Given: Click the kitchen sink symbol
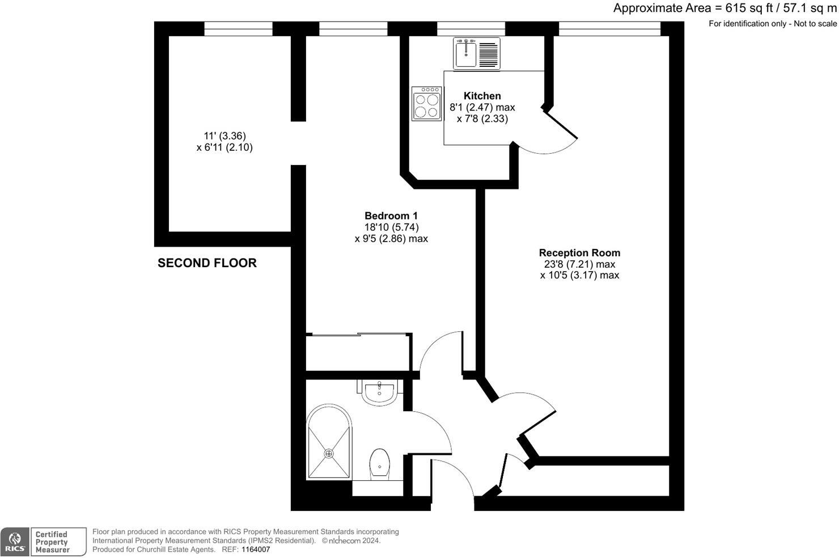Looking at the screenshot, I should click(x=476, y=53).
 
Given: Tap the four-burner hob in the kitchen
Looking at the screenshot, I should click(x=427, y=104).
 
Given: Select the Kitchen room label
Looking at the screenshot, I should click(x=482, y=96).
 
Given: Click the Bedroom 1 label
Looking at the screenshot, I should click(x=391, y=215).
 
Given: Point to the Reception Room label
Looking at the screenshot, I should click(x=579, y=253).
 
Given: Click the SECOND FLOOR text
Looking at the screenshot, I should click(x=207, y=263).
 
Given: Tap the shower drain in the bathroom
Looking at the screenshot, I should click(x=329, y=453).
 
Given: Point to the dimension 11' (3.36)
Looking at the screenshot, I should click(x=224, y=136).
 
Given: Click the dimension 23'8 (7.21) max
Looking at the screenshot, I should click(x=579, y=264).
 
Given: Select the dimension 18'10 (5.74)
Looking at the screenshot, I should click(x=391, y=227).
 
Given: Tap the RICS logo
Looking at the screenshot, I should click(x=15, y=542).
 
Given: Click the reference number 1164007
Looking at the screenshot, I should click(x=256, y=549).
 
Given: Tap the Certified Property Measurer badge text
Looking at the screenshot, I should click(x=52, y=542).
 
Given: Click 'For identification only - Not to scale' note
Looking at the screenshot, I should click(x=772, y=24).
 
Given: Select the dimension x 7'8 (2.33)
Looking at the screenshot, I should click(x=482, y=119).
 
